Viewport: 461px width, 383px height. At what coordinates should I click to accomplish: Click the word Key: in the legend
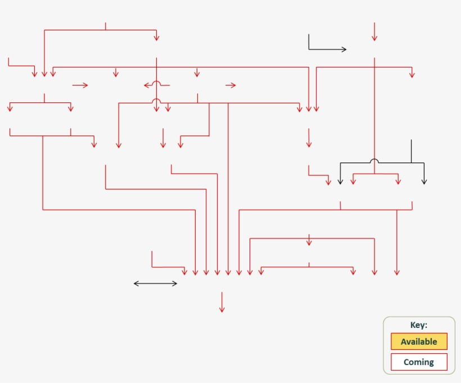tap(419, 325)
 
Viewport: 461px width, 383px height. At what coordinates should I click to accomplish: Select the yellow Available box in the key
tap(419, 341)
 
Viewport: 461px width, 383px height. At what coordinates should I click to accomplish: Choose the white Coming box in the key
tap(419, 362)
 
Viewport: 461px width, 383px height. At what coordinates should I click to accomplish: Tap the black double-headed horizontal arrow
tap(155, 283)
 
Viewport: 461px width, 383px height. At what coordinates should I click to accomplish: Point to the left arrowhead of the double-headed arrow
tap(135, 283)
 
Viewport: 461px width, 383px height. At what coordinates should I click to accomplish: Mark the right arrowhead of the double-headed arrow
tap(175, 283)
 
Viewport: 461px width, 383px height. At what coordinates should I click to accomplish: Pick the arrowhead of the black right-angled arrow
tap(345, 49)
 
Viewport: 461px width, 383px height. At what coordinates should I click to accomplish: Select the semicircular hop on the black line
tap(374, 161)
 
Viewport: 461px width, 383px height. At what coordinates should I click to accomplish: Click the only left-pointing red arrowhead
tap(146, 85)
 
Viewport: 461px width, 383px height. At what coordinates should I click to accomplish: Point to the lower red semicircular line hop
tap(157, 101)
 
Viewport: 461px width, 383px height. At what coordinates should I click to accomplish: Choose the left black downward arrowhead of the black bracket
tap(340, 182)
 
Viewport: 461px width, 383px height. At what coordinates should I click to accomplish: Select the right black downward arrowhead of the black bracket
tap(424, 182)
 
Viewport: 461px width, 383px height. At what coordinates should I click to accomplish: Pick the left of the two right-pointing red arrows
tap(81, 85)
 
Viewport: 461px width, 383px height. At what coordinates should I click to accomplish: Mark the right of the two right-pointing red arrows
tap(231, 85)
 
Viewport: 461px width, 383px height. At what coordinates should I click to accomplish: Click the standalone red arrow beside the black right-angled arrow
tap(374, 31)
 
